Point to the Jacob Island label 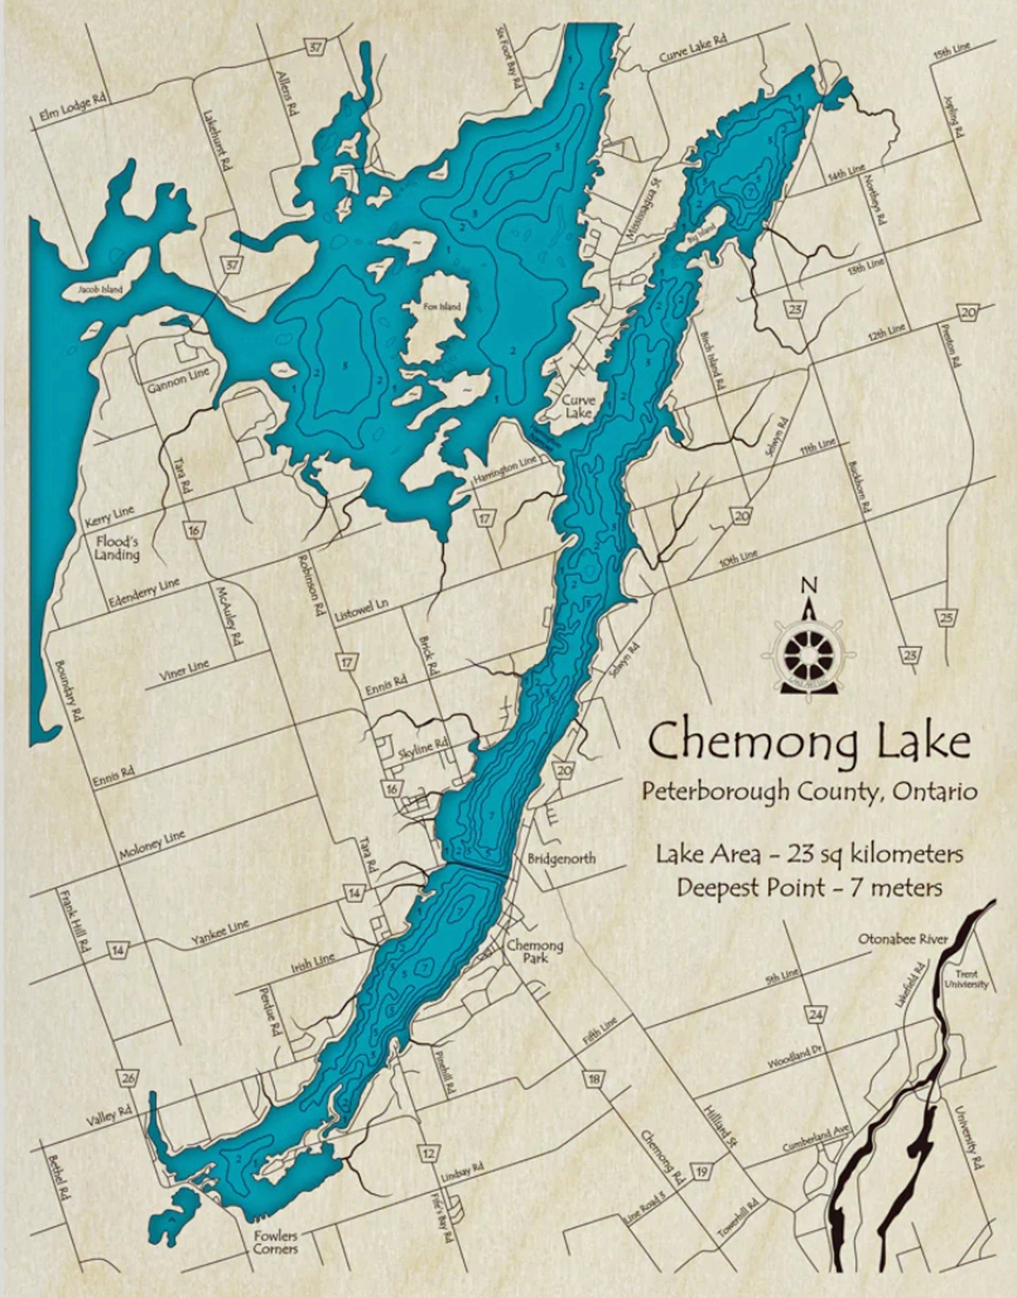[x=101, y=289]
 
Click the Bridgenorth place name [x=561, y=859]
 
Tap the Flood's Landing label [x=117, y=548]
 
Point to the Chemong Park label [x=535, y=951]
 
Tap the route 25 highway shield [x=946, y=618]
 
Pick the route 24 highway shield [x=815, y=1015]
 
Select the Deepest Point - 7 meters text [x=809, y=887]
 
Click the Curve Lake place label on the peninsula [x=578, y=406]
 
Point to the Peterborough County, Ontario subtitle [x=809, y=792]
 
